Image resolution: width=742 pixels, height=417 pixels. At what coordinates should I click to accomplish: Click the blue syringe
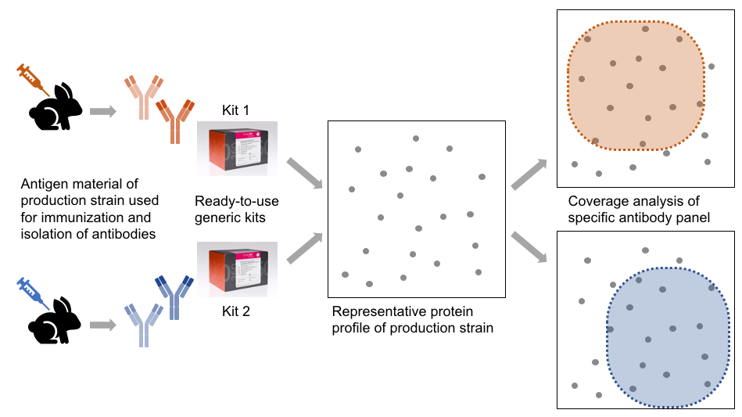pyautogui.click(x=28, y=291)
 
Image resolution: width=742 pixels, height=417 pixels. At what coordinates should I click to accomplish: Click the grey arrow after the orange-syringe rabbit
pyautogui.click(x=102, y=111)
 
